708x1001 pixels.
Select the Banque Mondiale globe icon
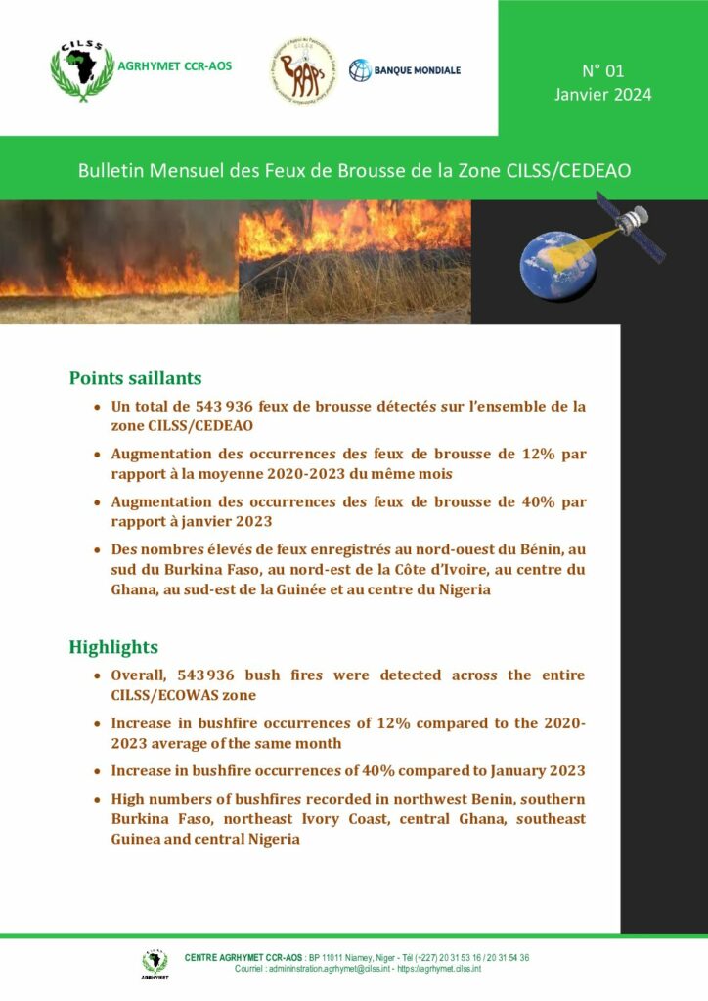(361, 70)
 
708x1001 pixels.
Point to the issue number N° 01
(602, 71)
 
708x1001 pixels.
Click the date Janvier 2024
(602, 95)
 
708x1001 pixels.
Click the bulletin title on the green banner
(354, 170)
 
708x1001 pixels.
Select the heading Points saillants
(135, 378)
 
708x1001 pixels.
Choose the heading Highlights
(113, 647)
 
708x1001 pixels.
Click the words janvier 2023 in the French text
(224, 521)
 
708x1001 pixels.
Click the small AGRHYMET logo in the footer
(155, 963)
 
